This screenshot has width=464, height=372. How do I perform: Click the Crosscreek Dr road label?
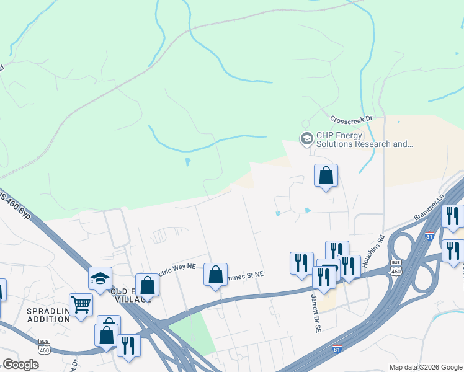350,118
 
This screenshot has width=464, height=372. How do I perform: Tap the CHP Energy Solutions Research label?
364,140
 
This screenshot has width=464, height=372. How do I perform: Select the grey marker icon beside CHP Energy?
306,138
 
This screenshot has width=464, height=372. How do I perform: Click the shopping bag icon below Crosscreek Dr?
326,176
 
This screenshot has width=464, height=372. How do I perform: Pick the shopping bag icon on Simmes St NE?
215,274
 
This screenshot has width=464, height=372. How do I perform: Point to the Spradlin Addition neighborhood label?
47,314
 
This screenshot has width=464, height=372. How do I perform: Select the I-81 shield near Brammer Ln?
429,236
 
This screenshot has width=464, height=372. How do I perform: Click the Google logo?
20,364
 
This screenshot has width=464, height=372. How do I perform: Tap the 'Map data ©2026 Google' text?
425,367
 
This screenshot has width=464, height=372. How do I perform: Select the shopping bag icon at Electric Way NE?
147,286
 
